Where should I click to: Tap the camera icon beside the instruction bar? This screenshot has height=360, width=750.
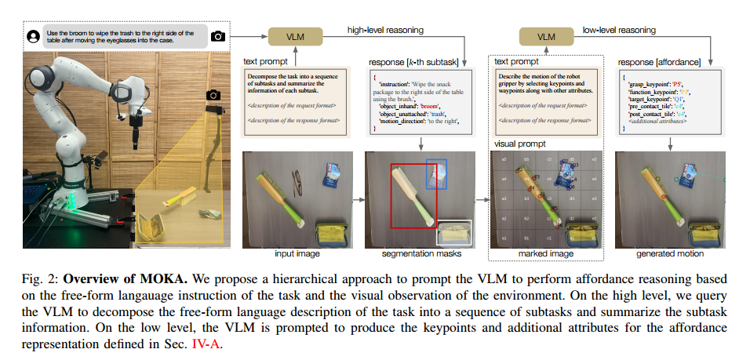coord(217,36)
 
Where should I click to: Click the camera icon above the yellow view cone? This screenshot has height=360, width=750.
coord(211,95)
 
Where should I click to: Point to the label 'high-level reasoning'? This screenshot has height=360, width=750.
coord(384,30)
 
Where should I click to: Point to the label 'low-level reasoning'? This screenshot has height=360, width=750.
coord(621,30)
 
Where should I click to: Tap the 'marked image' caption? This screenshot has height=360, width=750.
coord(544,254)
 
